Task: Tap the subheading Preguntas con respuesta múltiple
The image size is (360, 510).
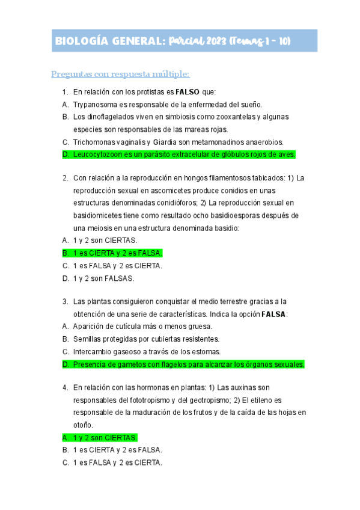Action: (x=120, y=74)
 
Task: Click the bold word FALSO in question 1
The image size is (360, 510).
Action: (x=187, y=92)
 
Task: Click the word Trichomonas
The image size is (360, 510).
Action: (x=96, y=142)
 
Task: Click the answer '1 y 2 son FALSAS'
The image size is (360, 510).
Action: (x=104, y=278)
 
